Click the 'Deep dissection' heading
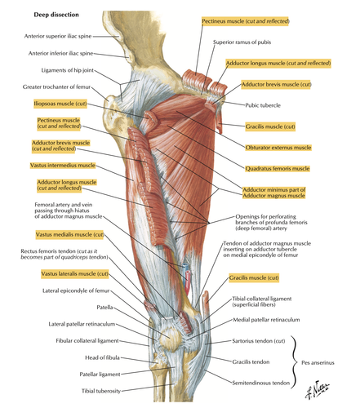click(56, 15)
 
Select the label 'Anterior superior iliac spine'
click(58, 36)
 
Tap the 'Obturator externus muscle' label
click(278, 148)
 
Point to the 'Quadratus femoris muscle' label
click(278, 169)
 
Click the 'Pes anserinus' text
click(318, 362)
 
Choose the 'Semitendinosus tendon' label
click(260, 383)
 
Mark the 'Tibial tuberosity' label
click(101, 391)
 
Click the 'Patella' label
click(104, 307)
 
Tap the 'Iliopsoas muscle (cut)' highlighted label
click(60, 104)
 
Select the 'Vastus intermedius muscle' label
click(63, 166)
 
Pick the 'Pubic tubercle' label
click(263, 105)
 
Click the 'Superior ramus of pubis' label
click(242, 42)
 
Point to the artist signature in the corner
click(317, 389)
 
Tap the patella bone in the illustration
click(170, 337)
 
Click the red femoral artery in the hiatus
click(188, 283)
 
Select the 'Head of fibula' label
click(102, 357)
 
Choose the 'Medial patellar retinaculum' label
click(266, 320)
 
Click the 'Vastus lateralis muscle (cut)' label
click(75, 273)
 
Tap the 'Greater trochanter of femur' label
click(56, 87)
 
